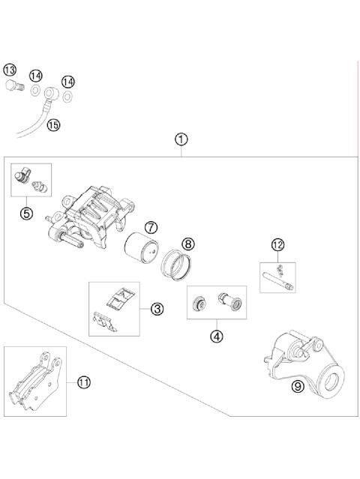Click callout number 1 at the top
click(x=181, y=139)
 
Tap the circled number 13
click(x=10, y=70)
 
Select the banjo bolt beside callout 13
click(x=14, y=85)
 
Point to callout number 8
click(x=188, y=244)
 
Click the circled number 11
click(x=84, y=382)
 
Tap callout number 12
click(x=277, y=244)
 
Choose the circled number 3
click(x=157, y=309)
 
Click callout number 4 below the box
click(x=217, y=337)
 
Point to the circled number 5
click(x=26, y=213)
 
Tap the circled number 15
click(x=53, y=125)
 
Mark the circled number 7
click(x=151, y=228)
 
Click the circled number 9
click(x=298, y=387)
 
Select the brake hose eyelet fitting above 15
click(x=51, y=92)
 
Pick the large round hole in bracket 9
click(x=332, y=382)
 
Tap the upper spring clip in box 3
click(x=121, y=298)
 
